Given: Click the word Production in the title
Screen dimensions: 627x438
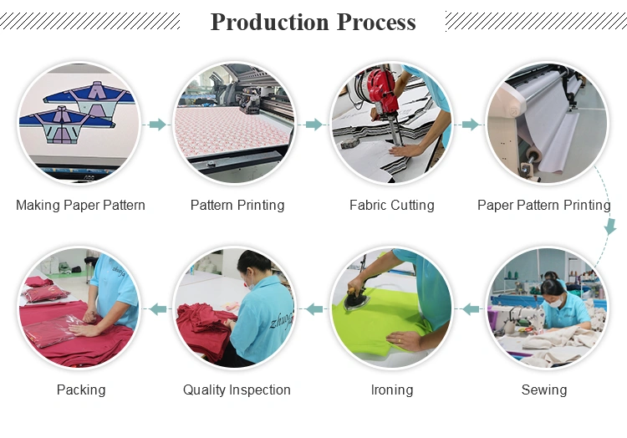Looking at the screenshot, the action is [270, 22].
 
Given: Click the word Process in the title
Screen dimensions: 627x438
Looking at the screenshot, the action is [376, 22].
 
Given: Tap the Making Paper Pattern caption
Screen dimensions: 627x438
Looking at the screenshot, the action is [80, 205].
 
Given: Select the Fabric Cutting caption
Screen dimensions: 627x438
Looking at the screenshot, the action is [392, 205].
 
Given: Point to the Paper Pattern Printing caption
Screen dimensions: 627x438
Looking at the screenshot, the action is [544, 205].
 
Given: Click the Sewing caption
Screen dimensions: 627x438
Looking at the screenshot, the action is [544, 390].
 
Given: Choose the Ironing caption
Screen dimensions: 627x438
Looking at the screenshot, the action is [392, 390].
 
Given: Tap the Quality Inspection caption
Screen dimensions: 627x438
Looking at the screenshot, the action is [237, 390].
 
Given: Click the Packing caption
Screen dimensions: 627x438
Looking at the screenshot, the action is [81, 390].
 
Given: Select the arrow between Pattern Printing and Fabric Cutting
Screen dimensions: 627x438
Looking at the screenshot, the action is [313, 125].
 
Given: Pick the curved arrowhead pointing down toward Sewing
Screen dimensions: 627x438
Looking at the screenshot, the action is [610, 227].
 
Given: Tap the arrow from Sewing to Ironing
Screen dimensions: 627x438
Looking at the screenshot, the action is [471, 309].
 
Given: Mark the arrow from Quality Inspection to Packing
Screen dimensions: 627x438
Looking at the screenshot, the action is [158, 309].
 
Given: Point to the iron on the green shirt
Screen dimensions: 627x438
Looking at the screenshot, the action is [357, 298].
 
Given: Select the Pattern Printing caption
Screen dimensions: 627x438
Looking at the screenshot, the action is [237, 205].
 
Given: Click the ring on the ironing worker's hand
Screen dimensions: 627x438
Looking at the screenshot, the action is [400, 340].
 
